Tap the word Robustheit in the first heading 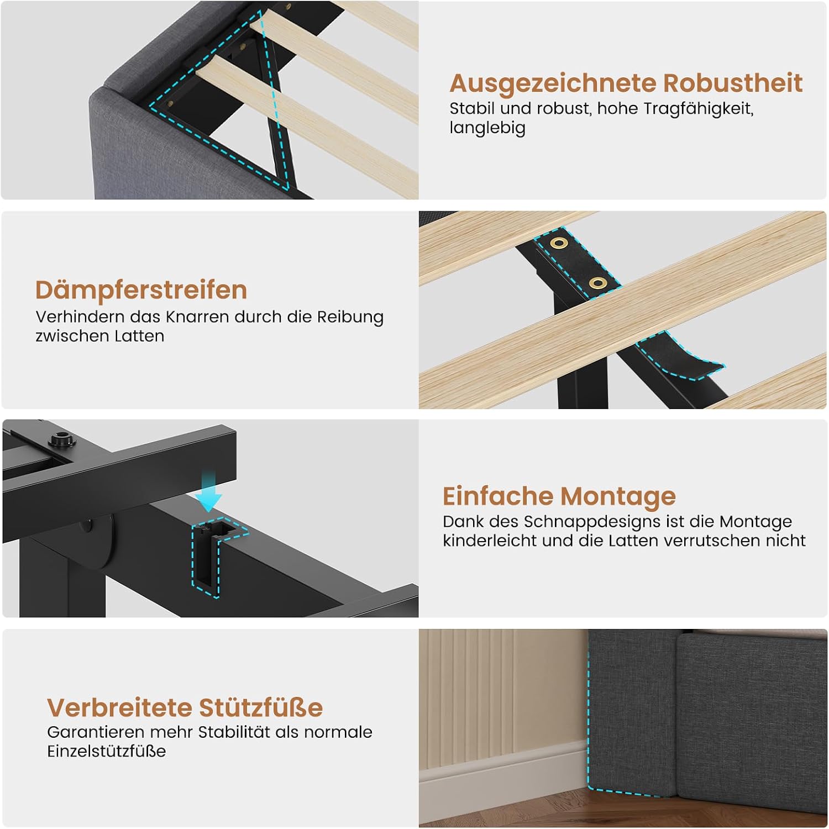[x=733, y=83]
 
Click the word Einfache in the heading [x=498, y=496]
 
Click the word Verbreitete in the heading [x=119, y=707]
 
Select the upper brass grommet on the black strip [x=559, y=243]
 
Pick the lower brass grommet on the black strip [x=598, y=284]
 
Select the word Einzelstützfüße [x=106, y=752]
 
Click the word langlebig [x=487, y=128]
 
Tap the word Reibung [x=350, y=318]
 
